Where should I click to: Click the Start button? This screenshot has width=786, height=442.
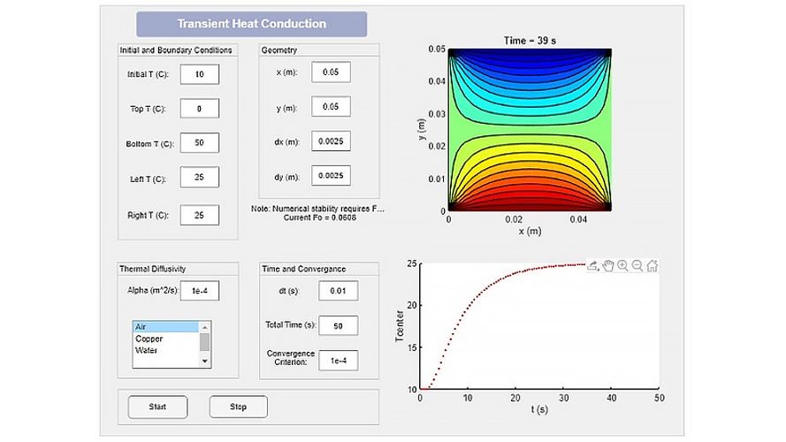click(157, 407)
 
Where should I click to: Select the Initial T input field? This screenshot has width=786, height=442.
click(199, 75)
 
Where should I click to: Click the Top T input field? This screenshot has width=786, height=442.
click(199, 109)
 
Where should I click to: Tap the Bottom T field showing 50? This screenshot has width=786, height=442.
click(199, 143)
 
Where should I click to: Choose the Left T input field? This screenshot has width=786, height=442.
click(199, 178)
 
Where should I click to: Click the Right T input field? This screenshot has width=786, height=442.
click(199, 214)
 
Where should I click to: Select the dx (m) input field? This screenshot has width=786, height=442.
click(331, 141)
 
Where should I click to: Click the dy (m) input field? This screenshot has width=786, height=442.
click(331, 176)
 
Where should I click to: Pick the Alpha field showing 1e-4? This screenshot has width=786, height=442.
click(199, 290)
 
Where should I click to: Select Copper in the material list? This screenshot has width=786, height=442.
click(149, 339)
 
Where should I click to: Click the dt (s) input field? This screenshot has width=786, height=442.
click(338, 291)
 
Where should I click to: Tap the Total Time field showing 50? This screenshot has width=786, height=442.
click(338, 325)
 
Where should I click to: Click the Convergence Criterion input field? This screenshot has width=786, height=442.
click(338, 360)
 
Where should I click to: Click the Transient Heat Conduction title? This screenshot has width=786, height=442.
click(251, 24)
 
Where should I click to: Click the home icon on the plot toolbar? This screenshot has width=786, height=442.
click(652, 265)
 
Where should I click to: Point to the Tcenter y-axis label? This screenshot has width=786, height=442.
click(401, 325)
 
